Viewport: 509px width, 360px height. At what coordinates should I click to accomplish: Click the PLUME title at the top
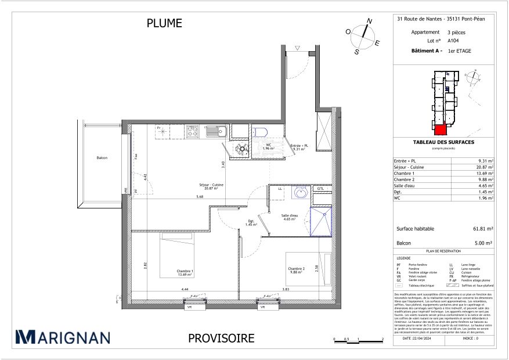(x=165, y=23)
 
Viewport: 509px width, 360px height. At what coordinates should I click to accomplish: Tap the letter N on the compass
(x=369, y=21)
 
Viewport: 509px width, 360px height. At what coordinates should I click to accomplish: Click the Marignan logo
(x=62, y=337)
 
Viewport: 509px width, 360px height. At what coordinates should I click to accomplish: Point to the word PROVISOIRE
(x=222, y=338)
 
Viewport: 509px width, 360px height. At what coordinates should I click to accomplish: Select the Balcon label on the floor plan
(x=102, y=158)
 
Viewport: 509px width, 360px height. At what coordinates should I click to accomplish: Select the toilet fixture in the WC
(x=260, y=132)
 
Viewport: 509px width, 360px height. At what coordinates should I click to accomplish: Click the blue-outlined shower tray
(x=322, y=223)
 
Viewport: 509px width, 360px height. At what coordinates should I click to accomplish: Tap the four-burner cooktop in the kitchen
(x=193, y=132)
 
